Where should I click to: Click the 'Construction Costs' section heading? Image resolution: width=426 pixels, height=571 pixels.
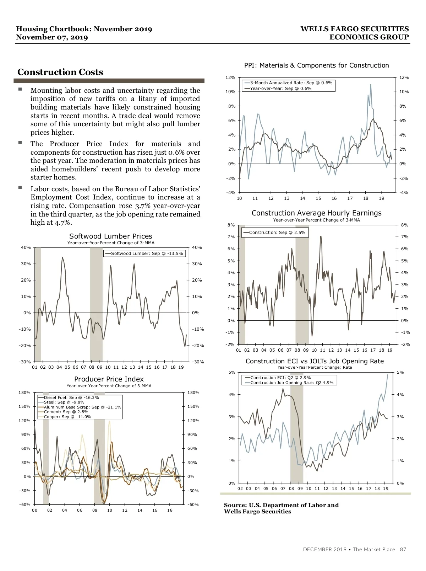60,72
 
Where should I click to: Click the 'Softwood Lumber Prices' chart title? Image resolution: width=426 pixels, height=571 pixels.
111,236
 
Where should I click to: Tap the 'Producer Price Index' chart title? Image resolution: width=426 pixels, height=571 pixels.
109,379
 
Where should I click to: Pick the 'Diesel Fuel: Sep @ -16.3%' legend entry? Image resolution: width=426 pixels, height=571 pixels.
71,397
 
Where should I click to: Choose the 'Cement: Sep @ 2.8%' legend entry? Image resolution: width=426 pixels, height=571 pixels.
66,412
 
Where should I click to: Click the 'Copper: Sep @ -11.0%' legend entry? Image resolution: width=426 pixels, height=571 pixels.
67,417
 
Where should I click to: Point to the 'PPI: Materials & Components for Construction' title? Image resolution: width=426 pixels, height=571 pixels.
317,65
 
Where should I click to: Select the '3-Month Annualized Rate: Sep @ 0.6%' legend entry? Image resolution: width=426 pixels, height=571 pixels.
291,83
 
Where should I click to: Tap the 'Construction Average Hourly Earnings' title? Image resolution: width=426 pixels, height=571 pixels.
317,213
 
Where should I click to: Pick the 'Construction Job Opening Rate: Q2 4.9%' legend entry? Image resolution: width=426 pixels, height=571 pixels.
292,383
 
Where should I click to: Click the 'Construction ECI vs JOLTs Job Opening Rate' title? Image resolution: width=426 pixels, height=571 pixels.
315,361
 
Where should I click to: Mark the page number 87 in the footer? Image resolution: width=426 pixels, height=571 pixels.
403,549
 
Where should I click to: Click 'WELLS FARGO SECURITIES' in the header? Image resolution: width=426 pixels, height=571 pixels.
355,29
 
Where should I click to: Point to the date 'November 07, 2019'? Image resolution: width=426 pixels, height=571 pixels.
52,37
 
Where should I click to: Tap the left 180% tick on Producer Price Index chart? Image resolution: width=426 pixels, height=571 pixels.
24,393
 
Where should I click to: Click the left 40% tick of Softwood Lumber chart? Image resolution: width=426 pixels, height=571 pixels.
26,247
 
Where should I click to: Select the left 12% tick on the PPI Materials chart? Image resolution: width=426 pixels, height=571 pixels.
230,78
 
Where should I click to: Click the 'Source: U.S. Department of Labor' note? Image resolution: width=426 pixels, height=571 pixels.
281,505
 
